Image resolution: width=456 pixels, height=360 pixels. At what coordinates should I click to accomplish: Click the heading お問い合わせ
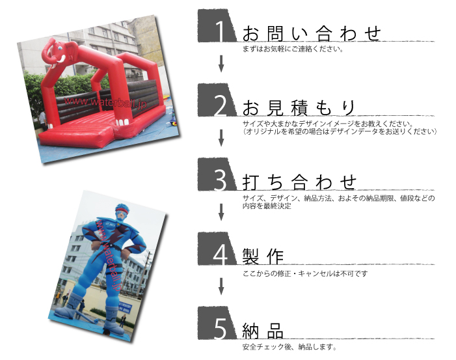(311, 33)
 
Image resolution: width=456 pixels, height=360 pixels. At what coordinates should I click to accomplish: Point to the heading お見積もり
(299, 107)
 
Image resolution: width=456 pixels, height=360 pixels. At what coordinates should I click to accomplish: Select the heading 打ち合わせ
(300, 182)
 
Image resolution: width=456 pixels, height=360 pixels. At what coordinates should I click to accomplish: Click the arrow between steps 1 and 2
(221, 63)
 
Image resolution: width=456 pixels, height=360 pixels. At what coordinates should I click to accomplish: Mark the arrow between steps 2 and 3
(221, 137)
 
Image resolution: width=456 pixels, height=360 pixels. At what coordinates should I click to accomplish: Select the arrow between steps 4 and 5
(221, 286)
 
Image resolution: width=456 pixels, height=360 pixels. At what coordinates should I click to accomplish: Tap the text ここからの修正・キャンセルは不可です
(304, 273)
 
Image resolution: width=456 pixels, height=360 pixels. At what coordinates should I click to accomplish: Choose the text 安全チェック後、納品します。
(289, 347)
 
